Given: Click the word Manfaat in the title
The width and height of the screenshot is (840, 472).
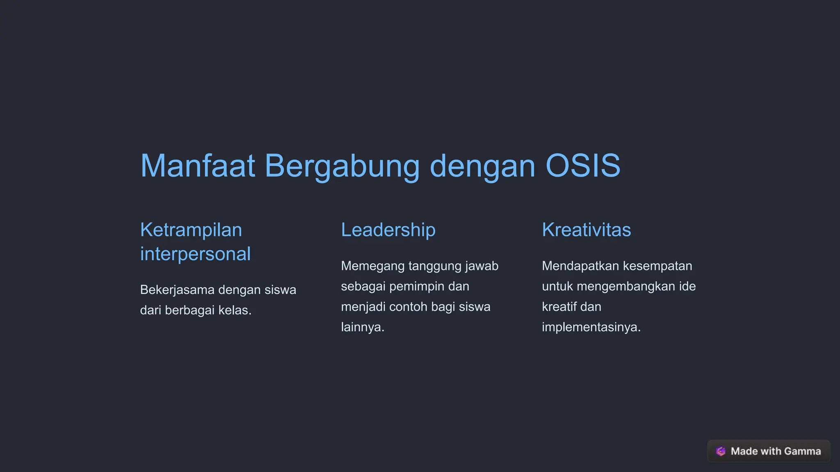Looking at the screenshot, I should (x=198, y=166).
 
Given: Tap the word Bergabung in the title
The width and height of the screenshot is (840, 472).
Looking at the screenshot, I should (x=342, y=166).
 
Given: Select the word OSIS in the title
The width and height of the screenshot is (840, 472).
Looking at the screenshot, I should (x=583, y=166).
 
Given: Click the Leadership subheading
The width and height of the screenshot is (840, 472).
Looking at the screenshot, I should (x=388, y=230).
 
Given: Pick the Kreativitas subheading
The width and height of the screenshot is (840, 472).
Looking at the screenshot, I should (x=586, y=230).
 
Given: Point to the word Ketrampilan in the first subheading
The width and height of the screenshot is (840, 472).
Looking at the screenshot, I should (x=191, y=230).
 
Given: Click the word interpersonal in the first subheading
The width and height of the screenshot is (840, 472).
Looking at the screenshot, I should (x=195, y=254).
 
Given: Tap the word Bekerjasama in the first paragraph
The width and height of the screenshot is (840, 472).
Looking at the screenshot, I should (x=177, y=290).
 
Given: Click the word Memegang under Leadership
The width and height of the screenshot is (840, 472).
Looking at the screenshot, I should (x=372, y=266).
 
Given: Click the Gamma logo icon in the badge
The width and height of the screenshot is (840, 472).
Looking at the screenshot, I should (x=721, y=451).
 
